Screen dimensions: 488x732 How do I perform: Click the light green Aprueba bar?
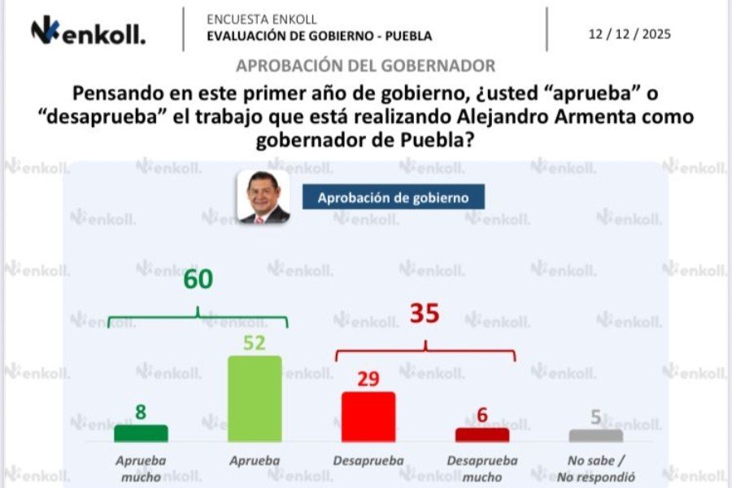point(255,399)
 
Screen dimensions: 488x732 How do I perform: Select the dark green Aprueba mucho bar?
point(141,433)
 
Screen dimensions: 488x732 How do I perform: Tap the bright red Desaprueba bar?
point(368,416)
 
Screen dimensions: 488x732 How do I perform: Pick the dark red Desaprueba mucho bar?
point(481,434)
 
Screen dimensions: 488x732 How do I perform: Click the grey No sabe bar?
point(596,435)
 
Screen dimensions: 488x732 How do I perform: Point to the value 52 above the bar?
point(255,342)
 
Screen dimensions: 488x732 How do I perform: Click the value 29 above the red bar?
point(368,379)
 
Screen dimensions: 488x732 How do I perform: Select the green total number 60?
point(197,280)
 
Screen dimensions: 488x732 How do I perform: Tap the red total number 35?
point(425,314)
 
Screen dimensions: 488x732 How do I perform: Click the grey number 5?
point(596,417)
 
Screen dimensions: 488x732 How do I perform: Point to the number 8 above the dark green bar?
point(141,412)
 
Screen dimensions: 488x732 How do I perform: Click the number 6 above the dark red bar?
point(482,416)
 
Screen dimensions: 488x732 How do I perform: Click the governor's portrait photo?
point(264,196)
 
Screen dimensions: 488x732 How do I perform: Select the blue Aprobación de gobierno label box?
point(393,197)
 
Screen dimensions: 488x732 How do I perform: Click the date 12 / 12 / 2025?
point(630,34)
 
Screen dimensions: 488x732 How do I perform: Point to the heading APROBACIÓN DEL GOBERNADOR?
point(365,65)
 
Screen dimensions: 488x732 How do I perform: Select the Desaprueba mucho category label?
point(481,468)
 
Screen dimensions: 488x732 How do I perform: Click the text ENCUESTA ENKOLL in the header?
point(262,19)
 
